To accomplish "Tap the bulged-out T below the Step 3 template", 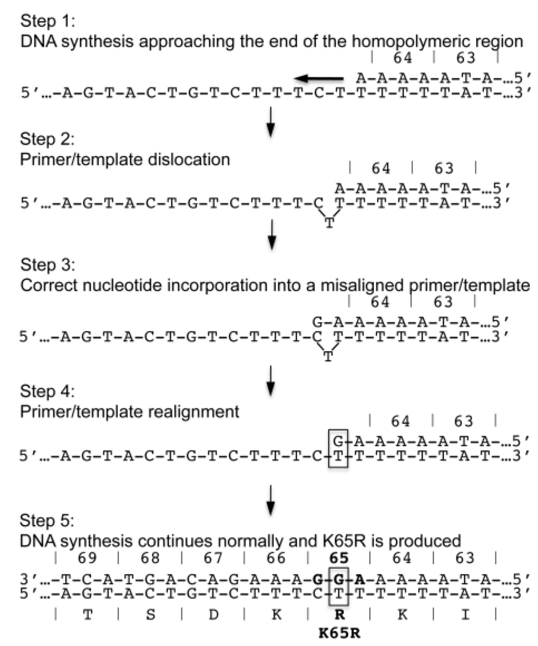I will point(328,357).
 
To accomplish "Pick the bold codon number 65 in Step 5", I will point(339,558).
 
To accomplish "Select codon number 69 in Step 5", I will point(88,558).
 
